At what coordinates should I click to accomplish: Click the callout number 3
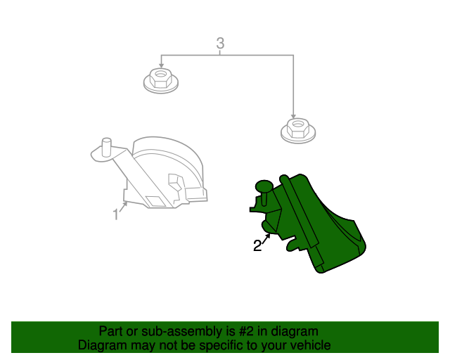[x=220, y=44]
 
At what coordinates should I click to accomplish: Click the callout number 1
[x=115, y=214]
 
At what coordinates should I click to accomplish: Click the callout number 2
[x=257, y=246]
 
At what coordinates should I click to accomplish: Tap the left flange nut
[x=161, y=80]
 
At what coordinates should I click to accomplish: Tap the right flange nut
[x=298, y=131]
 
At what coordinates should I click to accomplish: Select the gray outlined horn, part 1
[x=149, y=172]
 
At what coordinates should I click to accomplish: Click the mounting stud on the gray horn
[x=106, y=147]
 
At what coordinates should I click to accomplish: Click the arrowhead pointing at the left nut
[x=161, y=65]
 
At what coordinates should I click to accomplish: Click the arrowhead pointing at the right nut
[x=293, y=116]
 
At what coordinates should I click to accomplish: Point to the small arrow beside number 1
[x=124, y=207]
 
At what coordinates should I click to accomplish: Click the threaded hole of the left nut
[x=160, y=74]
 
